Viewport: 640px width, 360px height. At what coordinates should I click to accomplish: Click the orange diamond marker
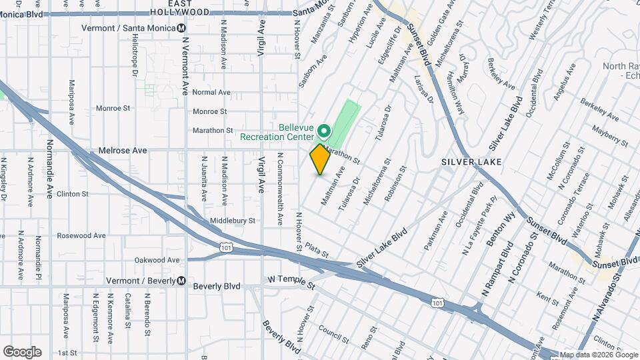pos(320,159)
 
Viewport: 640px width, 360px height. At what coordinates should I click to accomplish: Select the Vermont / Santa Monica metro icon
pos(181,28)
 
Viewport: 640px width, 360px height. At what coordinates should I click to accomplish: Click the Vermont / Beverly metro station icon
pos(181,281)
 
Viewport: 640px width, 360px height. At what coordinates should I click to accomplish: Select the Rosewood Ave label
pos(81,235)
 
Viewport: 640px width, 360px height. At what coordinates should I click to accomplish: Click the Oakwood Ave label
pos(158,260)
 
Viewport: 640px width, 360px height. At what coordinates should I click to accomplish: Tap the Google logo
pos(22,352)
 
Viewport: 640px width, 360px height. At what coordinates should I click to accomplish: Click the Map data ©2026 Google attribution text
pos(599,355)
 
